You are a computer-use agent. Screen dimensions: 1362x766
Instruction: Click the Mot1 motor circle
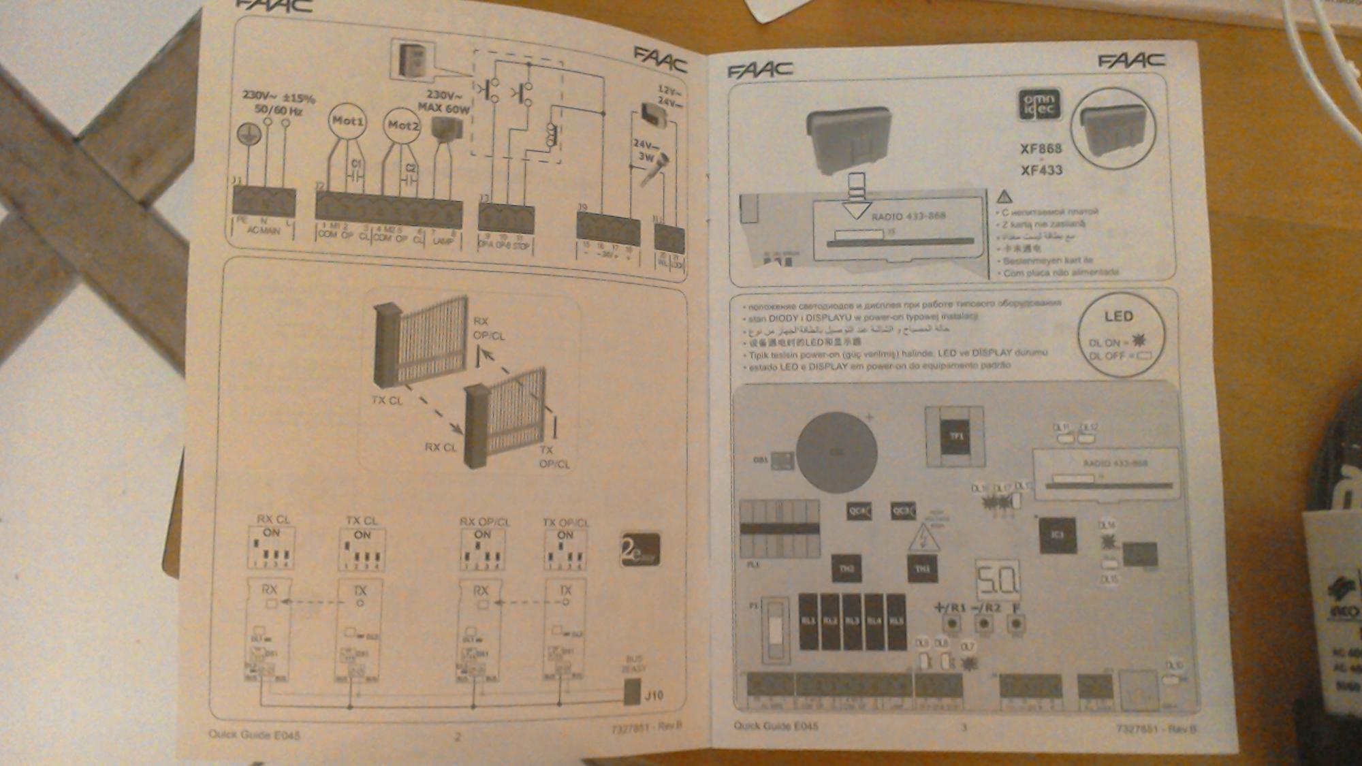pos(347,122)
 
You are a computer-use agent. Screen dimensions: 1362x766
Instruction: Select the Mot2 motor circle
pos(402,125)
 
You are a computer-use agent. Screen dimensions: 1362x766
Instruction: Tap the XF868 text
pos(1041,148)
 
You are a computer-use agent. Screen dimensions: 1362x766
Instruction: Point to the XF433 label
pos(1041,170)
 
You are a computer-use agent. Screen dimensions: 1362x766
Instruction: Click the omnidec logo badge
pos(1039,106)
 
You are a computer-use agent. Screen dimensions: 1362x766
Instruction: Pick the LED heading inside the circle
pos(1118,317)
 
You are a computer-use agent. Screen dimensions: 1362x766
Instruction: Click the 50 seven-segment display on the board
pos(998,579)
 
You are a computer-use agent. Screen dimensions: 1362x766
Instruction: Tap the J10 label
pos(654,695)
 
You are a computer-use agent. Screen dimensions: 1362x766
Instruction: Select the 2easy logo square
pos(640,549)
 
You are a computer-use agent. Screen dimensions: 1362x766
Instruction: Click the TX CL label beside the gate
pos(387,400)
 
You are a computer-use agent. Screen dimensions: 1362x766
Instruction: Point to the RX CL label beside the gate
pos(441,447)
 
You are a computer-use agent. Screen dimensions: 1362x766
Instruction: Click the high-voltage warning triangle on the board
pos(923,539)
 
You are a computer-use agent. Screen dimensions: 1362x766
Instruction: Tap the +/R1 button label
pos(949,607)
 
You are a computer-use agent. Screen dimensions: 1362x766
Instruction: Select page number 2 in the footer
pos(458,736)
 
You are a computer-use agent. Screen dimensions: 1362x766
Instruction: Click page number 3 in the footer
pos(964,727)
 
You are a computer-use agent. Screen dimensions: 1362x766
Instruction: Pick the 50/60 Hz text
pos(279,110)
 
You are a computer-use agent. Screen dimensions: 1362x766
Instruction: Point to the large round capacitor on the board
pos(836,451)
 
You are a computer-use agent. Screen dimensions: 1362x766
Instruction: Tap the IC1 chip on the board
pos(1057,535)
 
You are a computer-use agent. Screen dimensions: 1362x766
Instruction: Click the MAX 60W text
pos(444,108)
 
